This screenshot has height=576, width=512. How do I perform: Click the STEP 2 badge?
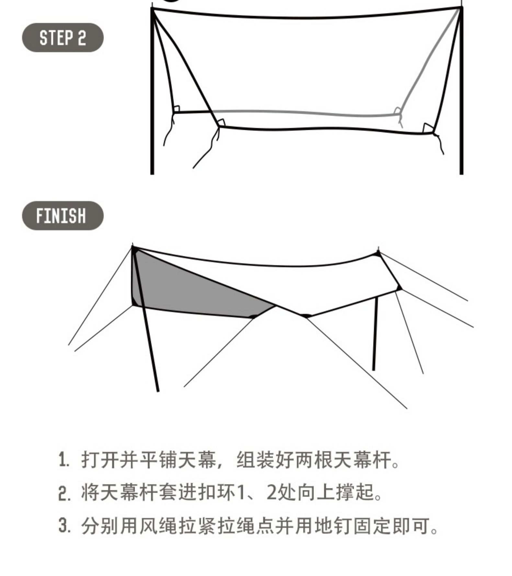[x=63, y=38]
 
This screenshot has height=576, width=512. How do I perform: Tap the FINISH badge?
[x=63, y=216]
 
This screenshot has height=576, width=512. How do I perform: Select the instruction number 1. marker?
[x=64, y=460]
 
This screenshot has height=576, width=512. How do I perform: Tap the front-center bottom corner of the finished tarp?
[x=305, y=316]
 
